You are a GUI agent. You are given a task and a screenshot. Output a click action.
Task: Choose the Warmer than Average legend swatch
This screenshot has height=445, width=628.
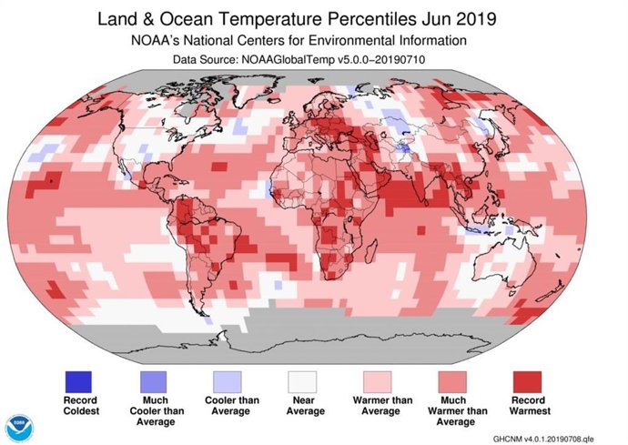coord(380,380)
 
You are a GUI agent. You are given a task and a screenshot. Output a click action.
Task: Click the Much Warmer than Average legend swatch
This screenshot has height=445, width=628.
coord(454,380)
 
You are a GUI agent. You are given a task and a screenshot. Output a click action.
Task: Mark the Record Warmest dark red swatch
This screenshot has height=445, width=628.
coord(528,380)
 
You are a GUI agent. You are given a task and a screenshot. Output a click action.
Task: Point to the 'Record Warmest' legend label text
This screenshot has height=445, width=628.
coord(528,406)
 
